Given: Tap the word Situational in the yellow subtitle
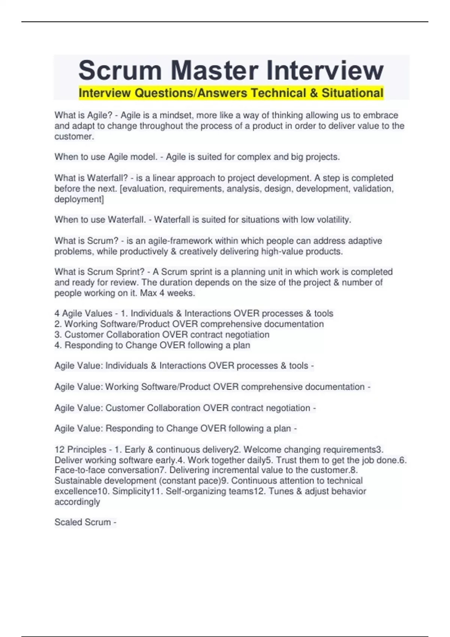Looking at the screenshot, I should click(352, 93).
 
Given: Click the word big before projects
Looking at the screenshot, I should click(297, 157).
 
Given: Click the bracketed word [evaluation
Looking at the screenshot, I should click(143, 188).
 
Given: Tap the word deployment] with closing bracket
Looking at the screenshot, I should click(79, 199).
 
